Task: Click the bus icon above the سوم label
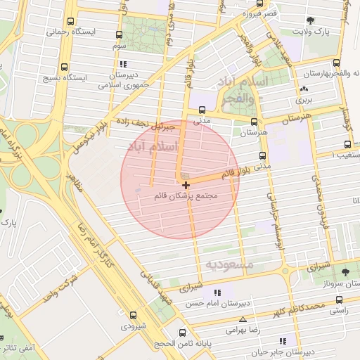pyautogui.click(x=119, y=34)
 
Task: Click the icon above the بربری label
pyautogui.click(x=303, y=89)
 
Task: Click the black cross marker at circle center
pyautogui.click(x=186, y=184)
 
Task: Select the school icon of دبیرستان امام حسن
pyautogui.click(x=217, y=292)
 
